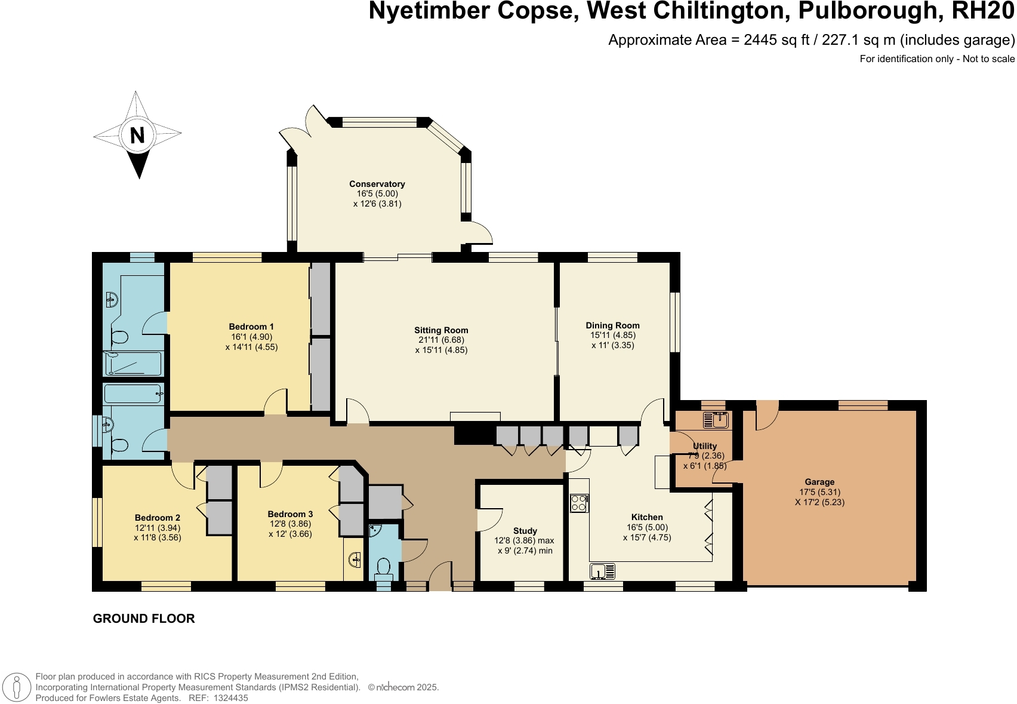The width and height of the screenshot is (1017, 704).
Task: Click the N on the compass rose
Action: point(137,135)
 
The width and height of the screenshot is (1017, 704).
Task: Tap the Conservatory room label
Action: point(377,184)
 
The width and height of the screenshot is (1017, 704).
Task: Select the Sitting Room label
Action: point(441,330)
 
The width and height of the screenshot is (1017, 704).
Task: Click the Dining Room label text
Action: point(612,325)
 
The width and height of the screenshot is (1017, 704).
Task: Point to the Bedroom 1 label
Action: point(251,327)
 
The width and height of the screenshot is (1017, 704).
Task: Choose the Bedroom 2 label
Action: point(158,518)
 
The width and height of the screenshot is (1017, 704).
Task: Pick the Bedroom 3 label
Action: point(290,514)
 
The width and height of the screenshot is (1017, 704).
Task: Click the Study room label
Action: point(525,531)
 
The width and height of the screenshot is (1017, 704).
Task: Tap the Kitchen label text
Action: point(647,517)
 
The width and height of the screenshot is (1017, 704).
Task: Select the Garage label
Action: point(819,482)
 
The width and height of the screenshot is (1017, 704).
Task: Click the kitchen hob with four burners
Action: point(579,503)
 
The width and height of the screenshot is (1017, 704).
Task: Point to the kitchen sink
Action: point(602,571)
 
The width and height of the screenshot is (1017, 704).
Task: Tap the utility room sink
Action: point(716,420)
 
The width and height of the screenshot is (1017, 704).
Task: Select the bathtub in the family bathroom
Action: point(133,393)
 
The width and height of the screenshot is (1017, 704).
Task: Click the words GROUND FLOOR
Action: point(144,619)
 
